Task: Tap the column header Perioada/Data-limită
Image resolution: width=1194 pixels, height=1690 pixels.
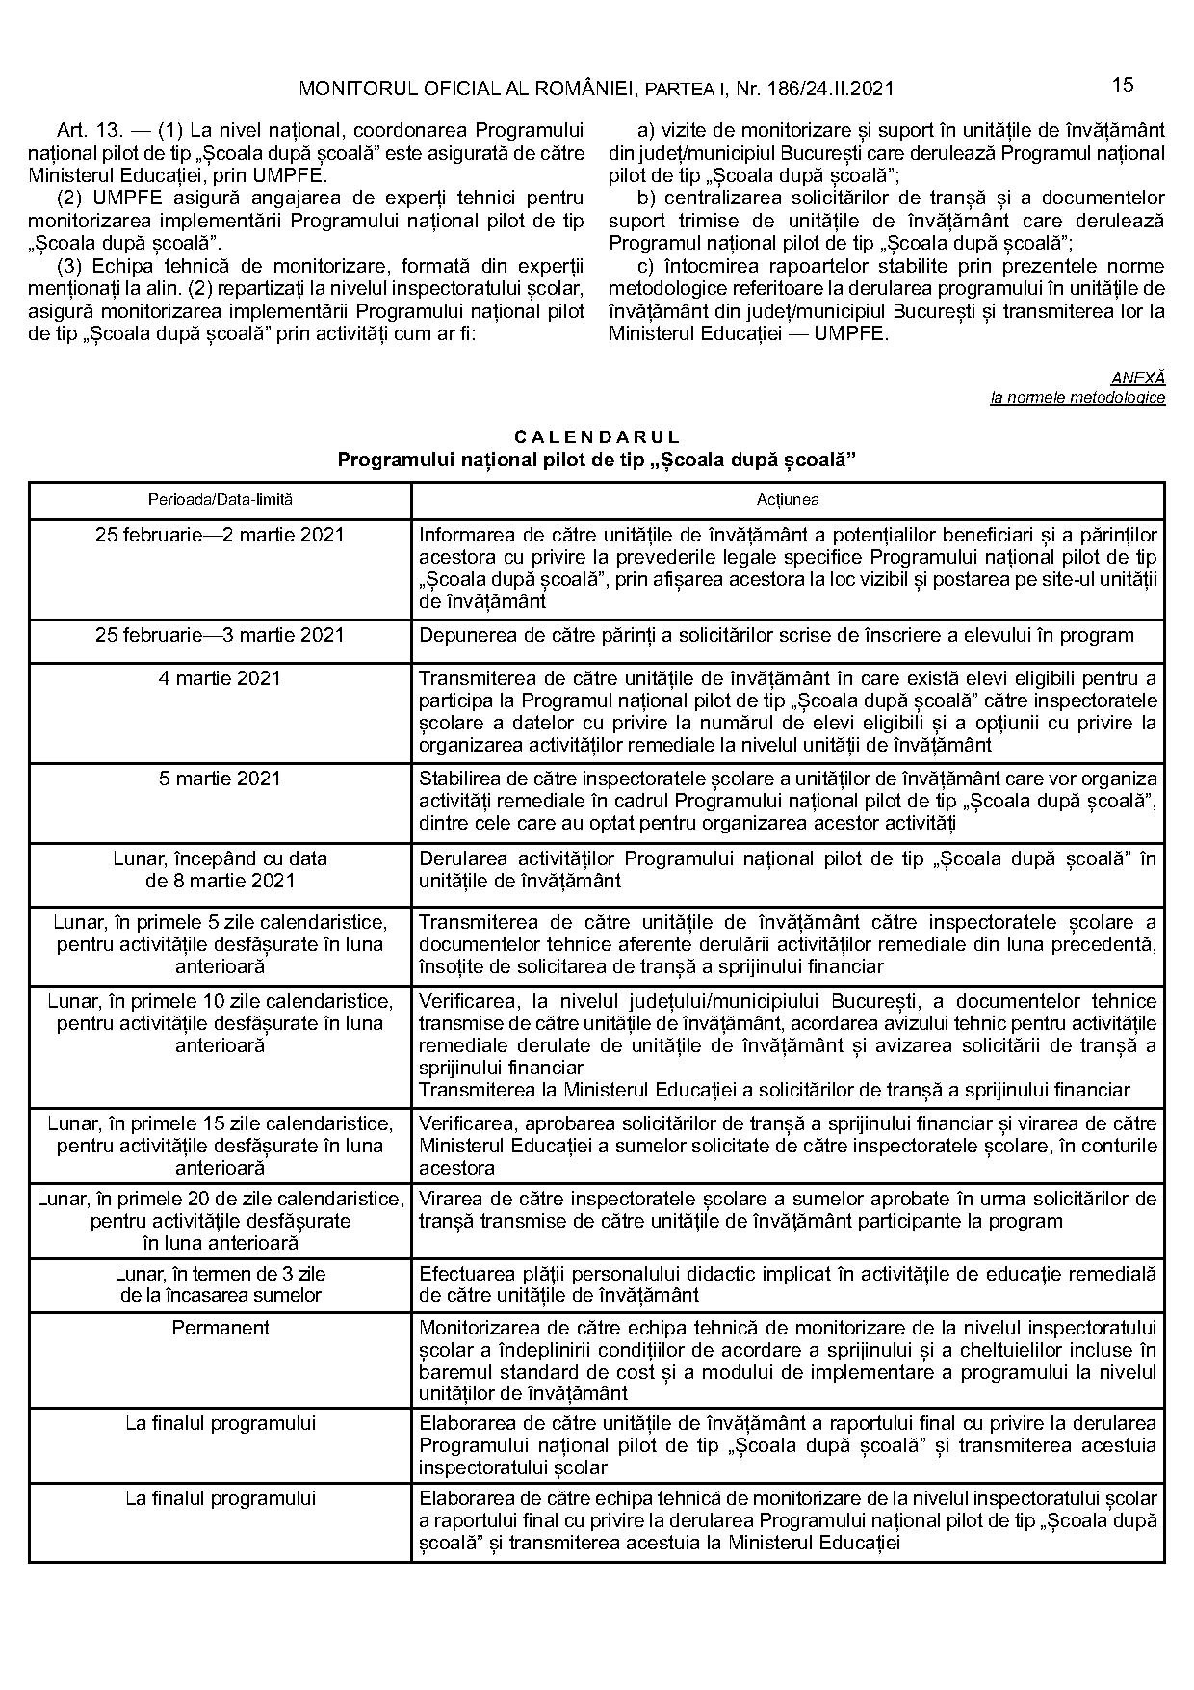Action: (x=220, y=500)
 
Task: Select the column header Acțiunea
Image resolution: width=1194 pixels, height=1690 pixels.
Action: (x=787, y=500)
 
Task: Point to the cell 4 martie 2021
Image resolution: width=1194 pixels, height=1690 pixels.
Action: (x=220, y=678)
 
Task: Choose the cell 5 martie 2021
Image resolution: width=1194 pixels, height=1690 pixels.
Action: (x=220, y=778)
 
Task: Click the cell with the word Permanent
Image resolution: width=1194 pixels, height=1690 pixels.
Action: (x=220, y=1327)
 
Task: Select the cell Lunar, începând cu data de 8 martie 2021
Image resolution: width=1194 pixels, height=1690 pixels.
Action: (x=220, y=869)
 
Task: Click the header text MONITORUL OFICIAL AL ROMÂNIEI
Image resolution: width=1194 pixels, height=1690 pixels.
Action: (x=468, y=89)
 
